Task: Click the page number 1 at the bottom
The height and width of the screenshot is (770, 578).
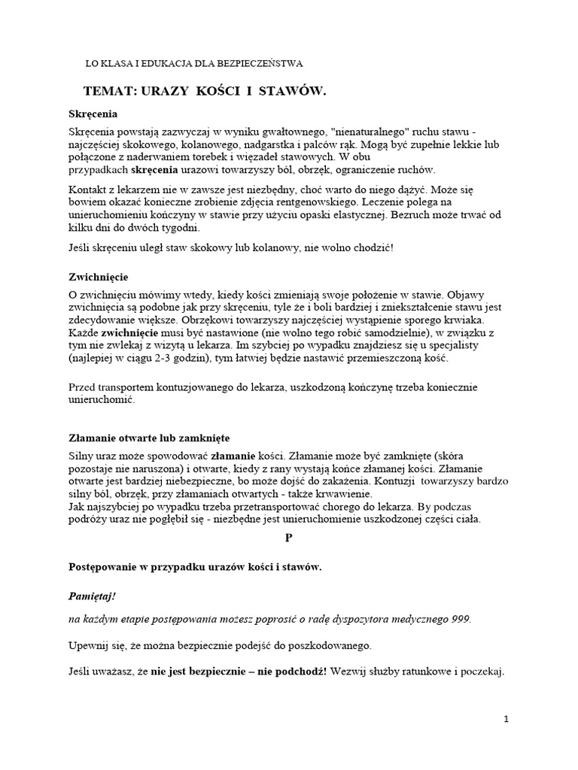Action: click(507, 719)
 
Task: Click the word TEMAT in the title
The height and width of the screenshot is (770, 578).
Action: click(109, 91)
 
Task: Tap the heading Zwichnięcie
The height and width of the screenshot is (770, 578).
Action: click(97, 277)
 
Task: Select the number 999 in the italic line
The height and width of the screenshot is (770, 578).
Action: click(458, 619)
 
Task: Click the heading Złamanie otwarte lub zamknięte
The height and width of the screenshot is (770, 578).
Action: click(149, 438)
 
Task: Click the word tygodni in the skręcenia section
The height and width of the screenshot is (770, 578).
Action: click(181, 227)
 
